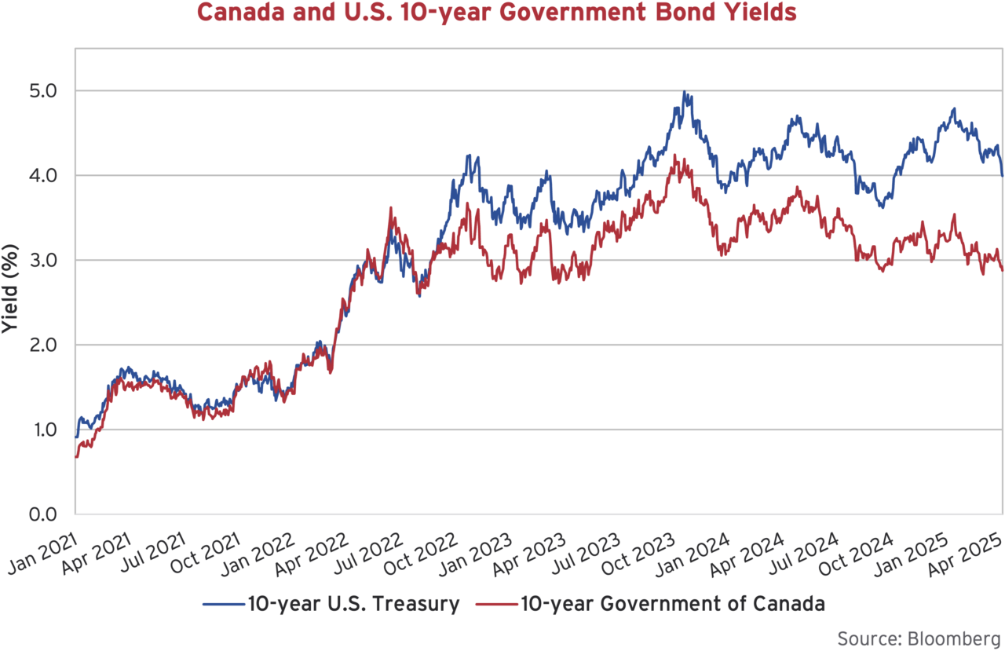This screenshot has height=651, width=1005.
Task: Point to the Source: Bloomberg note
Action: tap(919, 636)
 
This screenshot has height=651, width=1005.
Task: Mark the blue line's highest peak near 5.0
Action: tap(684, 92)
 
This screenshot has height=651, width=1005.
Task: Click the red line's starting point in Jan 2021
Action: tap(75, 456)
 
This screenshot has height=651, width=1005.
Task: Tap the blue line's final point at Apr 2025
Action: tap(1002, 175)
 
